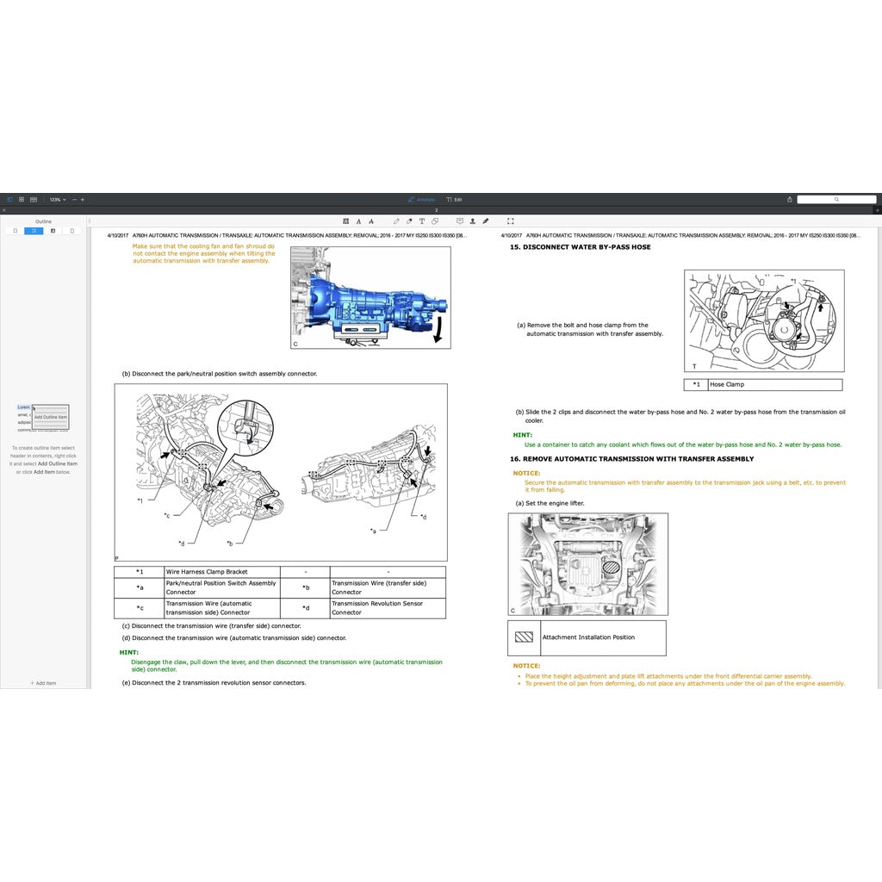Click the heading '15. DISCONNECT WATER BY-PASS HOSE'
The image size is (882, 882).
point(580,247)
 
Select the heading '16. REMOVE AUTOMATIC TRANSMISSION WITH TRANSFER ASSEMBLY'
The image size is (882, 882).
point(631,459)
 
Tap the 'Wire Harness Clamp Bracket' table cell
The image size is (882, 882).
point(207,572)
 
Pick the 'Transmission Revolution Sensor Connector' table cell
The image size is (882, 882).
point(377,608)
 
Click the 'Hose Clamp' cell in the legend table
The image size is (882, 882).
point(727,385)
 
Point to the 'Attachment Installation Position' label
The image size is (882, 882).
point(588,637)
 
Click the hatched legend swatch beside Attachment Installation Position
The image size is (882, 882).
point(524,638)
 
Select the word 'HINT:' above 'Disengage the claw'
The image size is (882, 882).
point(128,653)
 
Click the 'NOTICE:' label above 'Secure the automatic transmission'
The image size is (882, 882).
point(526,473)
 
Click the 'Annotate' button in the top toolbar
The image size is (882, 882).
point(422,199)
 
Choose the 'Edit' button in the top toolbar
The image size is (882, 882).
point(454,199)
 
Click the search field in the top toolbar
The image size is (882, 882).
point(835,199)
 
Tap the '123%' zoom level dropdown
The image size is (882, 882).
point(57,199)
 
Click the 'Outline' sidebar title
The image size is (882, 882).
point(43,221)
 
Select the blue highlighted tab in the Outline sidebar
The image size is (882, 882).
point(34,231)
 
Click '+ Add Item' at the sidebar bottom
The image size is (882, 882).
point(43,683)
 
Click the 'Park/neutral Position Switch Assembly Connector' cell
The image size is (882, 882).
point(220,587)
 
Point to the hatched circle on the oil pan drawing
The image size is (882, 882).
point(610,568)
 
